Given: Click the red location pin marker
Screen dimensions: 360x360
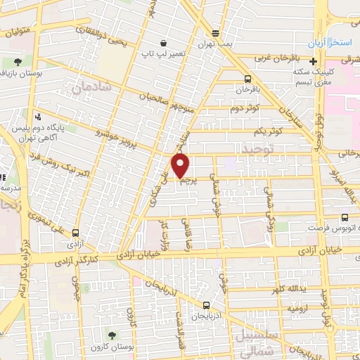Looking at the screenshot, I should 181,166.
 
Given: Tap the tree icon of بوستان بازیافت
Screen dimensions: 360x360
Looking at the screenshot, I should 18,62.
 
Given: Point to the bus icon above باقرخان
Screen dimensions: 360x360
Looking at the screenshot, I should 247,79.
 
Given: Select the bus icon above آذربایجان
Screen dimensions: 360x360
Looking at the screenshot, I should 206,304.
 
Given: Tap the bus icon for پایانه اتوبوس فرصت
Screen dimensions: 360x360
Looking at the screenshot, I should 345,218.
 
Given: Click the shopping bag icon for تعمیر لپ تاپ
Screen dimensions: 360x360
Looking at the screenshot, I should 164,43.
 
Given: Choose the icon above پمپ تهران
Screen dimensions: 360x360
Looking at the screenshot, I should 216,32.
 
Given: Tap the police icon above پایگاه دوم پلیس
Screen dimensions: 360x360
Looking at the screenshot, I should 38,117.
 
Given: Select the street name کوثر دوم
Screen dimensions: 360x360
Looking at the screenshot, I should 245,108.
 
